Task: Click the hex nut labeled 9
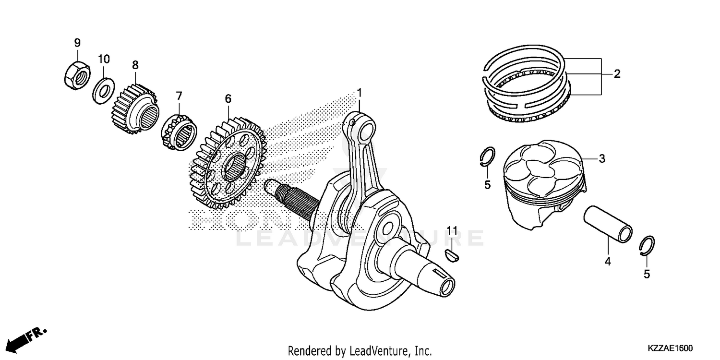pyautogui.click(x=75, y=75)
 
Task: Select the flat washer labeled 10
pyautogui.click(x=103, y=90)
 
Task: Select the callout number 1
pyautogui.click(x=359, y=92)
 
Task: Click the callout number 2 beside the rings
pyautogui.click(x=617, y=74)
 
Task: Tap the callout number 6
pyautogui.click(x=228, y=98)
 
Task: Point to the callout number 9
pyautogui.click(x=77, y=43)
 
